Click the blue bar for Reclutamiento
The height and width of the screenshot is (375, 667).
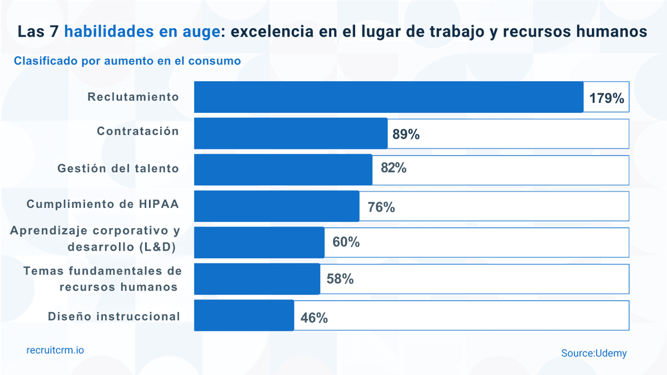[x=389, y=97]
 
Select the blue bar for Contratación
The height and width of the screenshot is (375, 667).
[x=291, y=133]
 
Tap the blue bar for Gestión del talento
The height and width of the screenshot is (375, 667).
[x=283, y=170]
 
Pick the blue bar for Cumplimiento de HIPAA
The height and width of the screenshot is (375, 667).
[x=276, y=206]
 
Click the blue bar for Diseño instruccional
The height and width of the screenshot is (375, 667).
[x=244, y=316]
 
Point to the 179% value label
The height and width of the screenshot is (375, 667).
[x=607, y=99]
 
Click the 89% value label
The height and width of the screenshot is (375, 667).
[x=406, y=134]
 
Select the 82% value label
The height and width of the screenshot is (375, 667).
[x=394, y=168]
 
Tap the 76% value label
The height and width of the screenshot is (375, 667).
[x=381, y=207]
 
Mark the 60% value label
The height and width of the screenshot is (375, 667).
[x=346, y=242]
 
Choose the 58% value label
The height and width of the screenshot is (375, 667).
[x=340, y=279]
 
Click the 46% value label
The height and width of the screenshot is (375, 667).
[x=314, y=318]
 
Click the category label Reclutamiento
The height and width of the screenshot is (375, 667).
[x=133, y=97]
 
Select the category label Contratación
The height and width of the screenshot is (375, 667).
[x=138, y=131]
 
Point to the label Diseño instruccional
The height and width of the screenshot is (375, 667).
[x=114, y=316]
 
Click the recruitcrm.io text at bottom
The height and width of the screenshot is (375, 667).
[x=56, y=350]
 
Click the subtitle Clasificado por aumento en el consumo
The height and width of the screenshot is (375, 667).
[x=127, y=61]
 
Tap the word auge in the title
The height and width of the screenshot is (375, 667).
[x=195, y=32]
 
